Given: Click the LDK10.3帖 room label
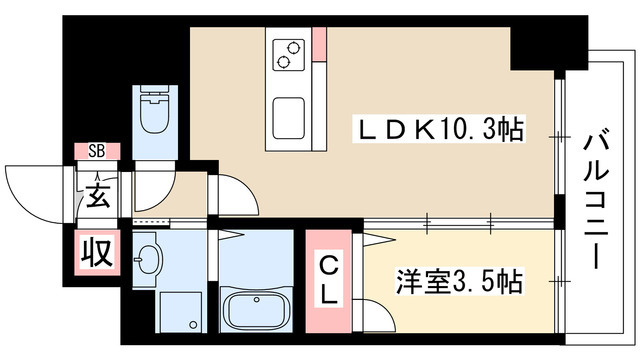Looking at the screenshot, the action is point(439,129).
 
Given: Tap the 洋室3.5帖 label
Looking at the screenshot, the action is point(460,281).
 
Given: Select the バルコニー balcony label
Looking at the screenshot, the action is point(596,199).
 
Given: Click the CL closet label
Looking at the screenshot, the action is point(328,281).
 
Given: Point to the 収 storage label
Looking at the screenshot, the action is point(97,252).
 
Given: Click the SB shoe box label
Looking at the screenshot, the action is point(97,151).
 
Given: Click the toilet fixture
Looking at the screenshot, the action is point(155,109).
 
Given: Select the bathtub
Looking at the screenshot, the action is point(256,310).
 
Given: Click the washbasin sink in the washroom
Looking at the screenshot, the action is point(148,259).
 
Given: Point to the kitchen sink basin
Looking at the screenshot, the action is point(289,118).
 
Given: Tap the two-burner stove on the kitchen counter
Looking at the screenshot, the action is point(289,54).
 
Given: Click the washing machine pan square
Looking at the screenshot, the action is point(180,312).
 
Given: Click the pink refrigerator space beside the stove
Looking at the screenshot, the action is point(320,44).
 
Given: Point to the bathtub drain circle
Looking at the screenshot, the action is point(256,300).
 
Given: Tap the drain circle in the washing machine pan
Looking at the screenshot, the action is point(193,325).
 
